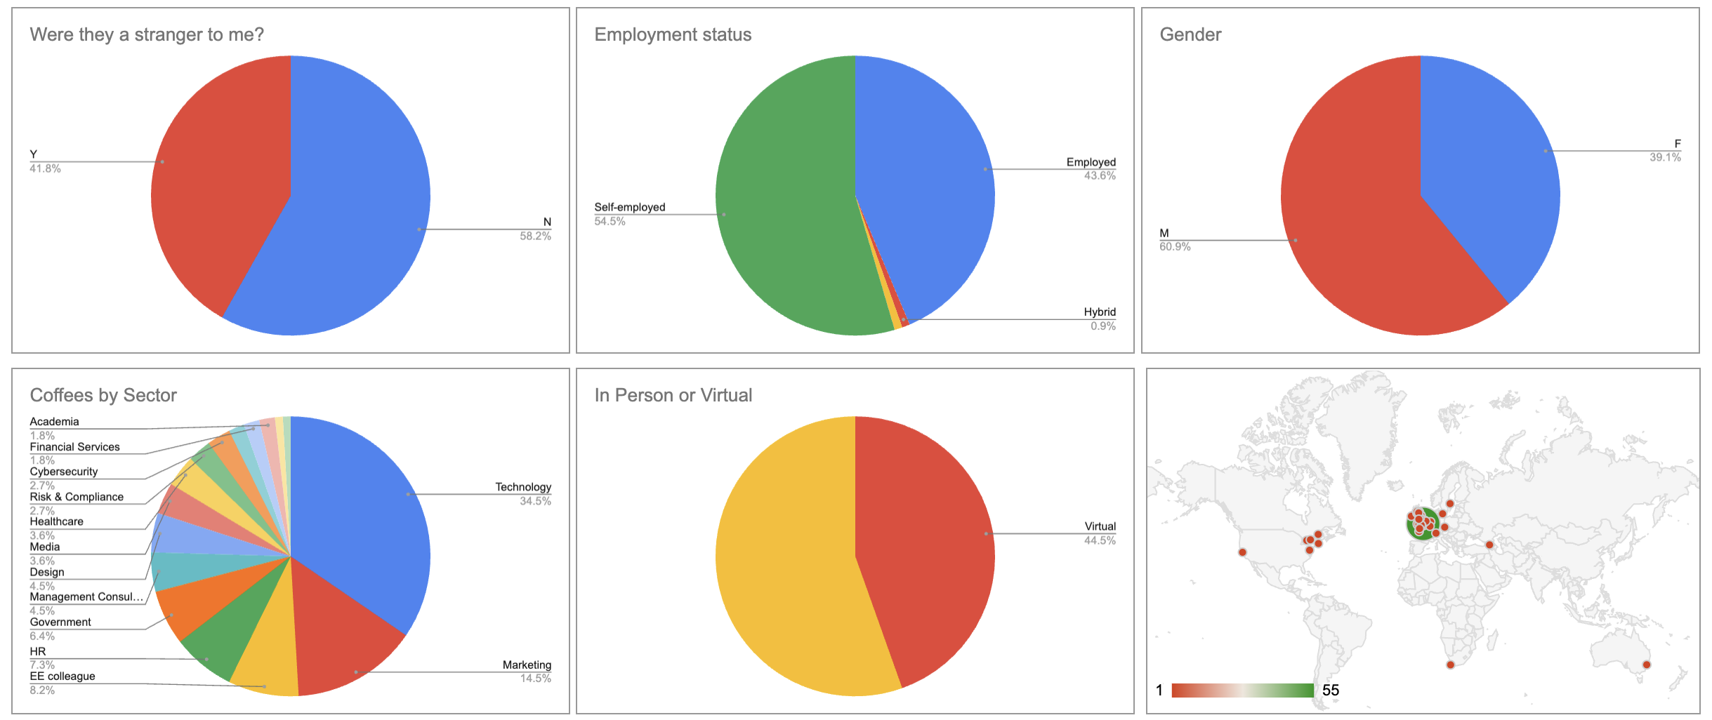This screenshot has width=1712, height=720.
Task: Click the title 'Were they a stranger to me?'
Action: point(147,34)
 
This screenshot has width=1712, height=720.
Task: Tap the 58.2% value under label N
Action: point(535,236)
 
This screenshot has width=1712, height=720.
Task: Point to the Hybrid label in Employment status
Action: point(1099,312)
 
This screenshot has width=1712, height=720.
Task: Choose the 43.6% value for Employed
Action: point(1099,176)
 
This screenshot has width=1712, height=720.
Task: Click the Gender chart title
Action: point(1190,34)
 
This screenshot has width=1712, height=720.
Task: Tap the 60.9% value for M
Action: point(1175,247)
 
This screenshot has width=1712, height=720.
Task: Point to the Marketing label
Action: point(527,665)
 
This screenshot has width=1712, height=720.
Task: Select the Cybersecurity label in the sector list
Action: point(64,472)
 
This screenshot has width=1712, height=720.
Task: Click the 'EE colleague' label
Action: point(62,676)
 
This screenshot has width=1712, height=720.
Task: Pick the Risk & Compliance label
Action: point(77,497)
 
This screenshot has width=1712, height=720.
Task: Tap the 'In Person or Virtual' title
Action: point(673,395)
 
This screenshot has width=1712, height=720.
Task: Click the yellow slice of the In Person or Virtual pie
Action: point(786,561)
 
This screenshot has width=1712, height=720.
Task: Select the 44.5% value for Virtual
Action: point(1099,540)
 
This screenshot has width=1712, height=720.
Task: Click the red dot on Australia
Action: point(1646,665)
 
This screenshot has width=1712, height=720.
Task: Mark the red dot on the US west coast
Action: point(1242,552)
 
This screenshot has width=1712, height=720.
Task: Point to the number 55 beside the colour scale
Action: point(1330,691)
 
